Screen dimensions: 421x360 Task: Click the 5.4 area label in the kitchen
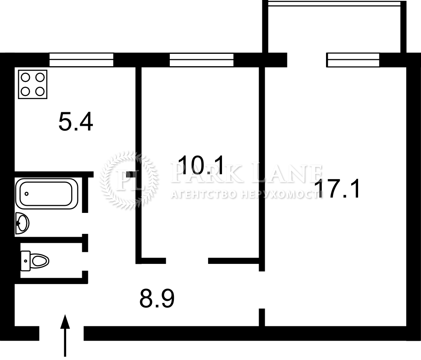click(76, 122)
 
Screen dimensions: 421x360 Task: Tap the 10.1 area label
click(201, 165)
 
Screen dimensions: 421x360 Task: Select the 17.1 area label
click(337, 189)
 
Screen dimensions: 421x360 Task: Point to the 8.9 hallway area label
click(157, 298)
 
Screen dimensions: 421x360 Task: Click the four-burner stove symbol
click(33, 84)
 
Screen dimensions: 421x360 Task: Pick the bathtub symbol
click(47, 194)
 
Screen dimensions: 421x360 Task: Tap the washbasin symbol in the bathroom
click(22, 223)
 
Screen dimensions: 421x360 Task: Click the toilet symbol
click(35, 261)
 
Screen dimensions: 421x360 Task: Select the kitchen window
click(81, 60)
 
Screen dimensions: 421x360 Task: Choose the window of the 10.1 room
click(201, 60)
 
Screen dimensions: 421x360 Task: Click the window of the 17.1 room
click(353, 60)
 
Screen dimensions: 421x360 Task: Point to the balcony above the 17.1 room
click(334, 27)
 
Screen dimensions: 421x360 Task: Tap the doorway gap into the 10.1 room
click(187, 261)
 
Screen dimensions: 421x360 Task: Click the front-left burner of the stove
click(25, 92)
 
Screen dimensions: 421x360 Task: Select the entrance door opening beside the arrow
click(62, 333)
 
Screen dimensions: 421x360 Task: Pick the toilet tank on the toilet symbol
click(25, 261)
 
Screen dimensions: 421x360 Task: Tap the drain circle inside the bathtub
click(26, 194)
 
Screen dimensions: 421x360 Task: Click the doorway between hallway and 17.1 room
click(262, 290)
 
